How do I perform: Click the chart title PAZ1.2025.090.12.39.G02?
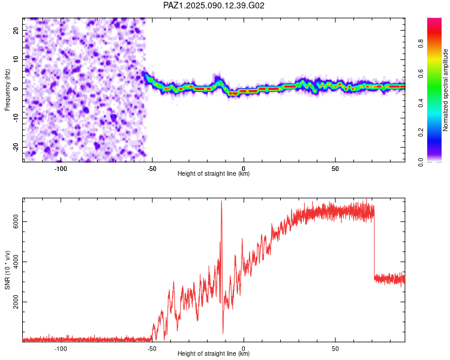pos(214,5)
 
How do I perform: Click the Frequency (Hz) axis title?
pos(7,89)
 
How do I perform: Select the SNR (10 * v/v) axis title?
pos(7,270)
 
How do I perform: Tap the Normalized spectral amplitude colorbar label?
pos(445,90)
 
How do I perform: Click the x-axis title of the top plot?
pos(214,173)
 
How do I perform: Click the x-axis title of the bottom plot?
pos(214,353)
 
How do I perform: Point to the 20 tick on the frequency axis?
pos(16,31)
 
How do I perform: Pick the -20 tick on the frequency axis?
pos(16,147)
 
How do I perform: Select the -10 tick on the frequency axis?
pos(16,118)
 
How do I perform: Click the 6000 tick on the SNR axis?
pos(16,221)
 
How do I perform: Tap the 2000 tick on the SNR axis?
pos(16,302)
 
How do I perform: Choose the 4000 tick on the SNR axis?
pos(16,262)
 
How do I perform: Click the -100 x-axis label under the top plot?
pos(61,169)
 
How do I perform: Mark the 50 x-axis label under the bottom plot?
pos(335,349)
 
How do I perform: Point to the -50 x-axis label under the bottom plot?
pos(152,349)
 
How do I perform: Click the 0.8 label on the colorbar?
pos(421,44)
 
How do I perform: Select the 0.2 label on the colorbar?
pos(421,133)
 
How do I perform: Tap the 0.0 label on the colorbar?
pos(421,162)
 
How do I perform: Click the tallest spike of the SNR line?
pos(221,201)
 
